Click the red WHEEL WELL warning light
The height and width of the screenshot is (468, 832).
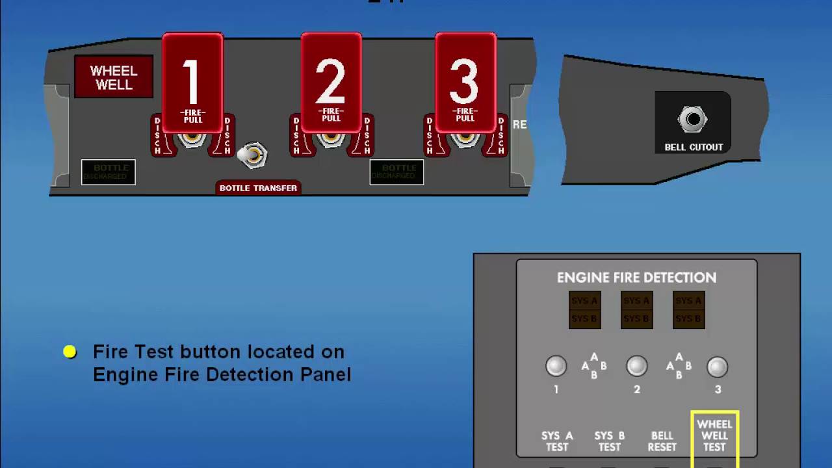click(114, 77)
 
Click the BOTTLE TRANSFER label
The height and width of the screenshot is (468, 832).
click(258, 188)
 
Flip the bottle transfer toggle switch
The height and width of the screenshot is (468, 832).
click(252, 155)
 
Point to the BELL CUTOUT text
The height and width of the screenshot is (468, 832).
click(694, 148)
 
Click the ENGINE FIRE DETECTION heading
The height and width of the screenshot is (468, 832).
click(636, 278)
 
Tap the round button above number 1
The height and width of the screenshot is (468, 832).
click(556, 367)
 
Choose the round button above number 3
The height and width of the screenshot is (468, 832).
click(717, 367)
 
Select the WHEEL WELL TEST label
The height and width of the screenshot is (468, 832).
click(714, 435)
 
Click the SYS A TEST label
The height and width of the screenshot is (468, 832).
click(557, 441)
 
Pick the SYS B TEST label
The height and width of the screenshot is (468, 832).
click(609, 441)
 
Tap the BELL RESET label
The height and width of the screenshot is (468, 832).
click(662, 441)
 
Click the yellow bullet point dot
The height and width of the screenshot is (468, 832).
click(70, 352)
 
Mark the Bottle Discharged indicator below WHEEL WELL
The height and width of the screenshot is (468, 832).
click(109, 172)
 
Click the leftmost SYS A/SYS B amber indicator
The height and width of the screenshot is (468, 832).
click(584, 309)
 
